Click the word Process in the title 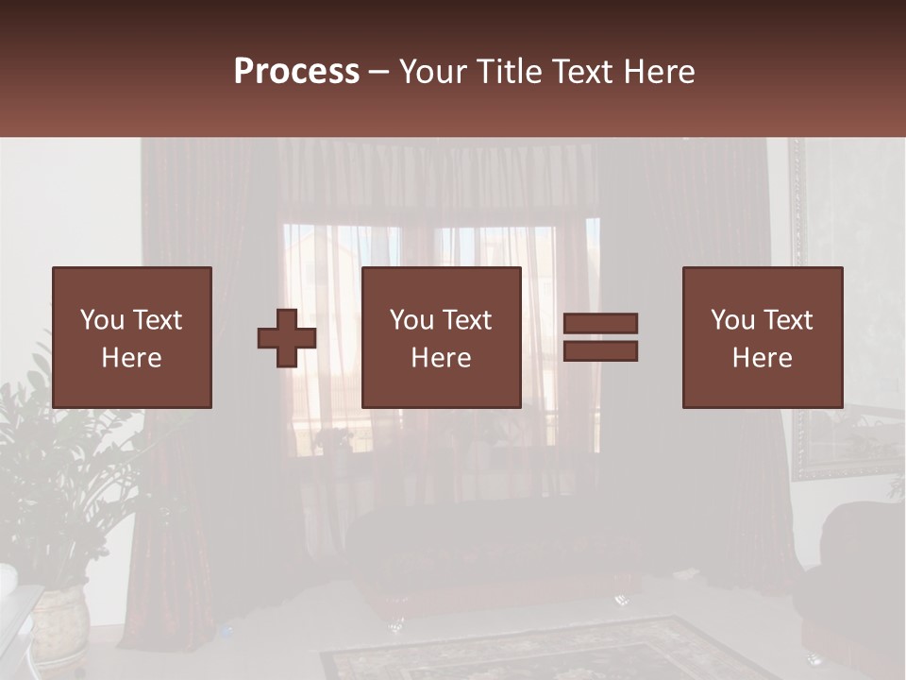296,72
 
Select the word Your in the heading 435,72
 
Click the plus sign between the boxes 287,338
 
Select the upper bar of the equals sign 600,323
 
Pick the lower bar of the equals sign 600,351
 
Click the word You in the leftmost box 102,320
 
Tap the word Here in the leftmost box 131,358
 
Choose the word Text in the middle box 466,320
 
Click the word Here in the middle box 441,358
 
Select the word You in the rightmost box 732,320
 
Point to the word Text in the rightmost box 787,320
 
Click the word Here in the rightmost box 762,358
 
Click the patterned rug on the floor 547,652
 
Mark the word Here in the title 661,72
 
